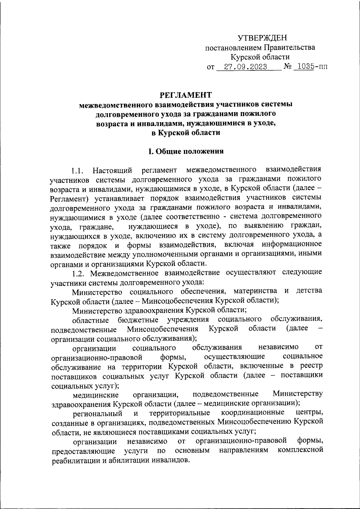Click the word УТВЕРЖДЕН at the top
point(262,38)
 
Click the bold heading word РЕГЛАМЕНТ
point(186,95)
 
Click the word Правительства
point(289,47)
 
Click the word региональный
point(98,414)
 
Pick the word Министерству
point(298,394)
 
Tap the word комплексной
point(300,450)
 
